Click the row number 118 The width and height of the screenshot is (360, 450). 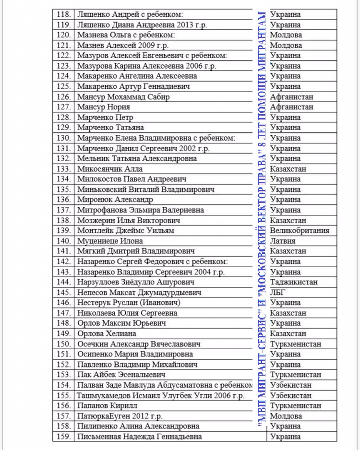(x=64, y=15)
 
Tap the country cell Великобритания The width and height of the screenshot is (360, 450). (x=300, y=231)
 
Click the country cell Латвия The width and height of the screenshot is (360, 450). (x=283, y=241)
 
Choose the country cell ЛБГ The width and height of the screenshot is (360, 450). (x=278, y=292)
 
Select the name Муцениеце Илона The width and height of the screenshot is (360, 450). (x=108, y=241)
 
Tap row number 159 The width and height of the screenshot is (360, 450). (x=64, y=437)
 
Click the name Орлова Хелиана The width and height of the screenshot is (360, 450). (x=107, y=333)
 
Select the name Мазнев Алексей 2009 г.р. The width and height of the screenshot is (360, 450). (x=123, y=46)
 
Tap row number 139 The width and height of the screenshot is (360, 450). (x=64, y=231)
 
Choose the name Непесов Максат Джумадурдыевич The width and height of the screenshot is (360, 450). (x=139, y=292)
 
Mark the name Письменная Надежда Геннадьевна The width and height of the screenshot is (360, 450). (x=139, y=437)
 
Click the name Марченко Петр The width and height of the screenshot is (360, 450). (x=105, y=118)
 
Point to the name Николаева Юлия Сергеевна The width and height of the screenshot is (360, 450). (x=127, y=313)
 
